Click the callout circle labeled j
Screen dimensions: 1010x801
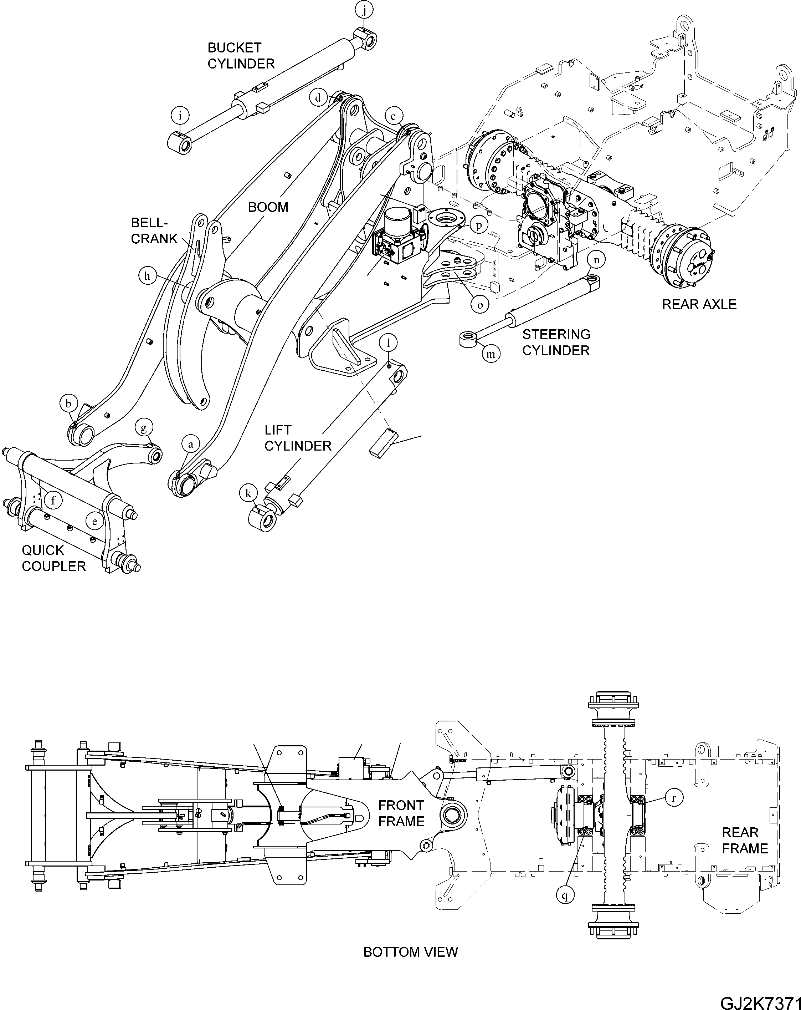365,9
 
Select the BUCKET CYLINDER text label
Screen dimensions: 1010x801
241,55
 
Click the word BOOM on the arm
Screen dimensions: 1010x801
268,207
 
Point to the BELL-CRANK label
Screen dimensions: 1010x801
154,230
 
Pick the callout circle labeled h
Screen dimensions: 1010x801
148,276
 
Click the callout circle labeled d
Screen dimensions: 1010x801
318,98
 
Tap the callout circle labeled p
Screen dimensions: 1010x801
479,225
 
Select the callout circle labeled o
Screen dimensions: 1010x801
480,305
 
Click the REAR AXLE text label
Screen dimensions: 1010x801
699,305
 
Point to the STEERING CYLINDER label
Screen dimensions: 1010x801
556,342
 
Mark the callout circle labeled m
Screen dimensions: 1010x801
491,354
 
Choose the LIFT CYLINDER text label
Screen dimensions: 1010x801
298,438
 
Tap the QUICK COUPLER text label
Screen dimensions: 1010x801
54,558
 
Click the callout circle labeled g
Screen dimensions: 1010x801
144,427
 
